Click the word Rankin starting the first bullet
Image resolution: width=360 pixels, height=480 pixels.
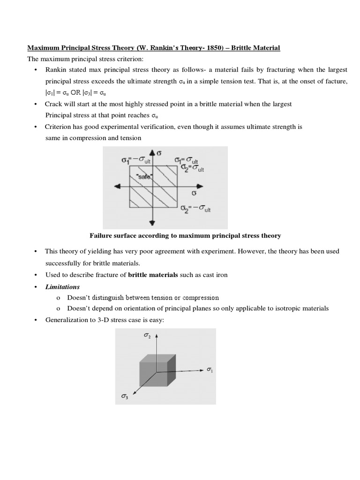pyautogui.click(x=56, y=69)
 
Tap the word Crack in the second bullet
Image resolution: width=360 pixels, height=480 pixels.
pyautogui.click(x=53, y=104)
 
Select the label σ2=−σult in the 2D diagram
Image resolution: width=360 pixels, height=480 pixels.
pyautogui.click(x=196, y=209)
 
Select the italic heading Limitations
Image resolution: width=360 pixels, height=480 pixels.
pyautogui.click(x=62, y=286)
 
